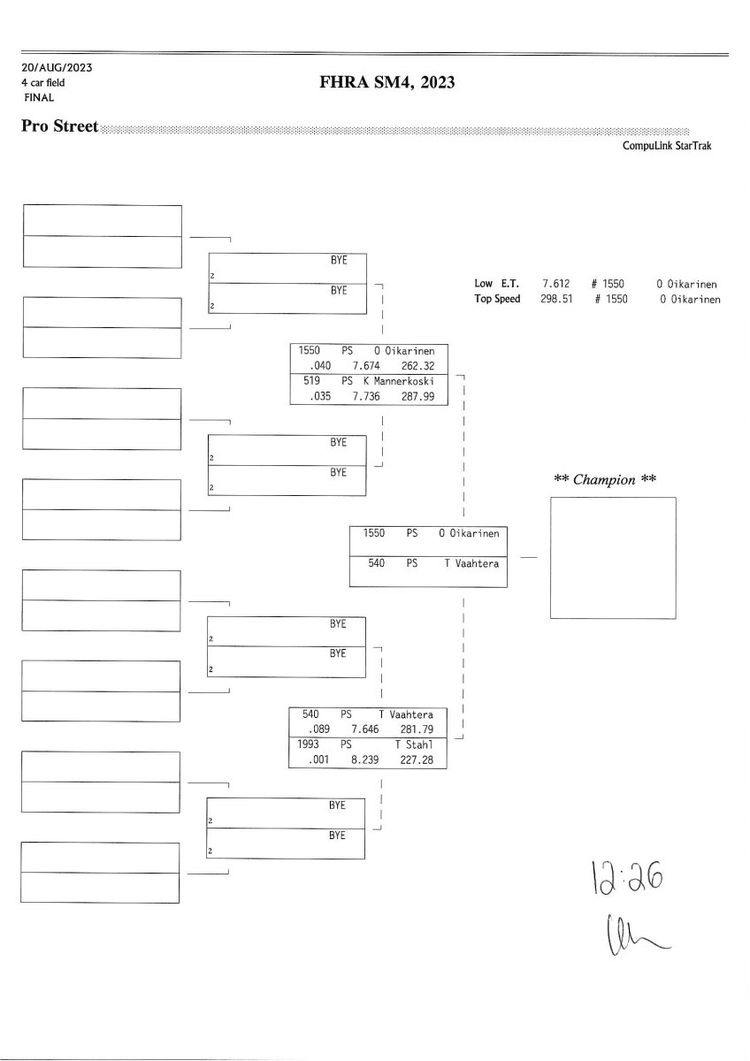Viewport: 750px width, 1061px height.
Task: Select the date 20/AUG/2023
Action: point(57,67)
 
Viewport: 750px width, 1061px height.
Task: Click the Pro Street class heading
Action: point(60,126)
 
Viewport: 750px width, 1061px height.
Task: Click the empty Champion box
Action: point(613,557)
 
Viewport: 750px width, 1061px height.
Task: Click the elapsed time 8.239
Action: point(365,759)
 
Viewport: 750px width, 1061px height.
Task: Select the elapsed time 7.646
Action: point(365,729)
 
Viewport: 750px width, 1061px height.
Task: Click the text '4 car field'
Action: point(43,82)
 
